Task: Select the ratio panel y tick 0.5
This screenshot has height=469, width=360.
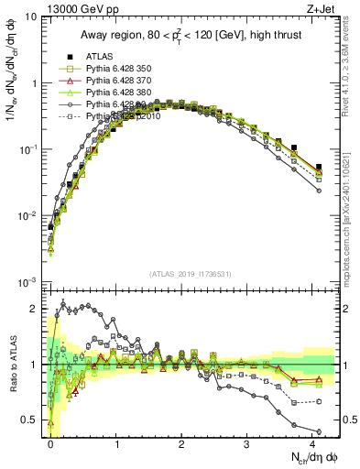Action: point(31,420)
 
